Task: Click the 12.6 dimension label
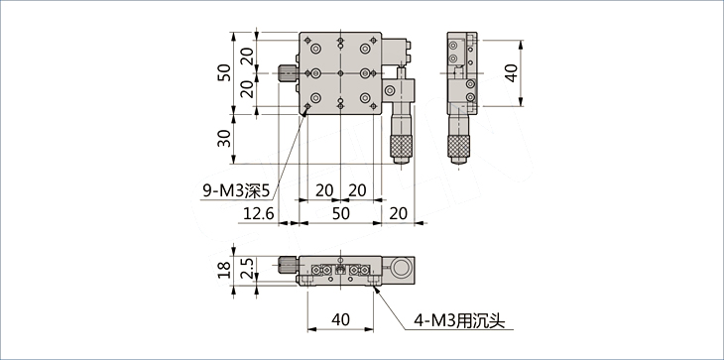259,213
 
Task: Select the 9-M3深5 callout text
236,191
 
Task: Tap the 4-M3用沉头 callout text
459,320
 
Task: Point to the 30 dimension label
224,139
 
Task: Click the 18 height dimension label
224,270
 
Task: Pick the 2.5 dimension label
248,269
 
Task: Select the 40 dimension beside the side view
511,73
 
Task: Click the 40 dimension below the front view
340,319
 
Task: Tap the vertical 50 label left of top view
224,72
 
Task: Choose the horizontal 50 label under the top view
341,213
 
